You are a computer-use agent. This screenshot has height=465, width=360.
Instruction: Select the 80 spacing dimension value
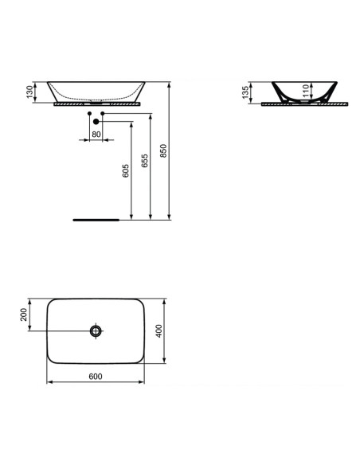click(96, 134)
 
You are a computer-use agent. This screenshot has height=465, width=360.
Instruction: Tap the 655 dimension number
click(145, 162)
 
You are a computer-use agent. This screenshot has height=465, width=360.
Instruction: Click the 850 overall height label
click(165, 150)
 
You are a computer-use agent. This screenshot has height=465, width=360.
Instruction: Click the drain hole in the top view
click(96, 330)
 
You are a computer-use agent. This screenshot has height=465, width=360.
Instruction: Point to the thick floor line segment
click(95, 217)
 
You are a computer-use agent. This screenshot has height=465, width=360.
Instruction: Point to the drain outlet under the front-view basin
click(96, 101)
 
